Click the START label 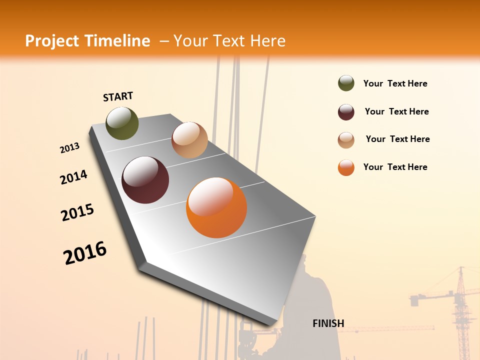118,96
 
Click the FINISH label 328,323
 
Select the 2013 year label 69,148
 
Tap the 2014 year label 73,177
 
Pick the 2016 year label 85,253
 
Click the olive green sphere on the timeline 122,123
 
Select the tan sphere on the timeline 189,140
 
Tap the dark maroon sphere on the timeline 145,180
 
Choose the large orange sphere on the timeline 216,207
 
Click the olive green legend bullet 346,83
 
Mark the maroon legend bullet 346,112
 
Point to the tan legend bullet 346,140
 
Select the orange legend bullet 346,167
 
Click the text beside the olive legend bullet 395,83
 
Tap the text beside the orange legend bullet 395,167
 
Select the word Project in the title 51,41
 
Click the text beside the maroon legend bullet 396,111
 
